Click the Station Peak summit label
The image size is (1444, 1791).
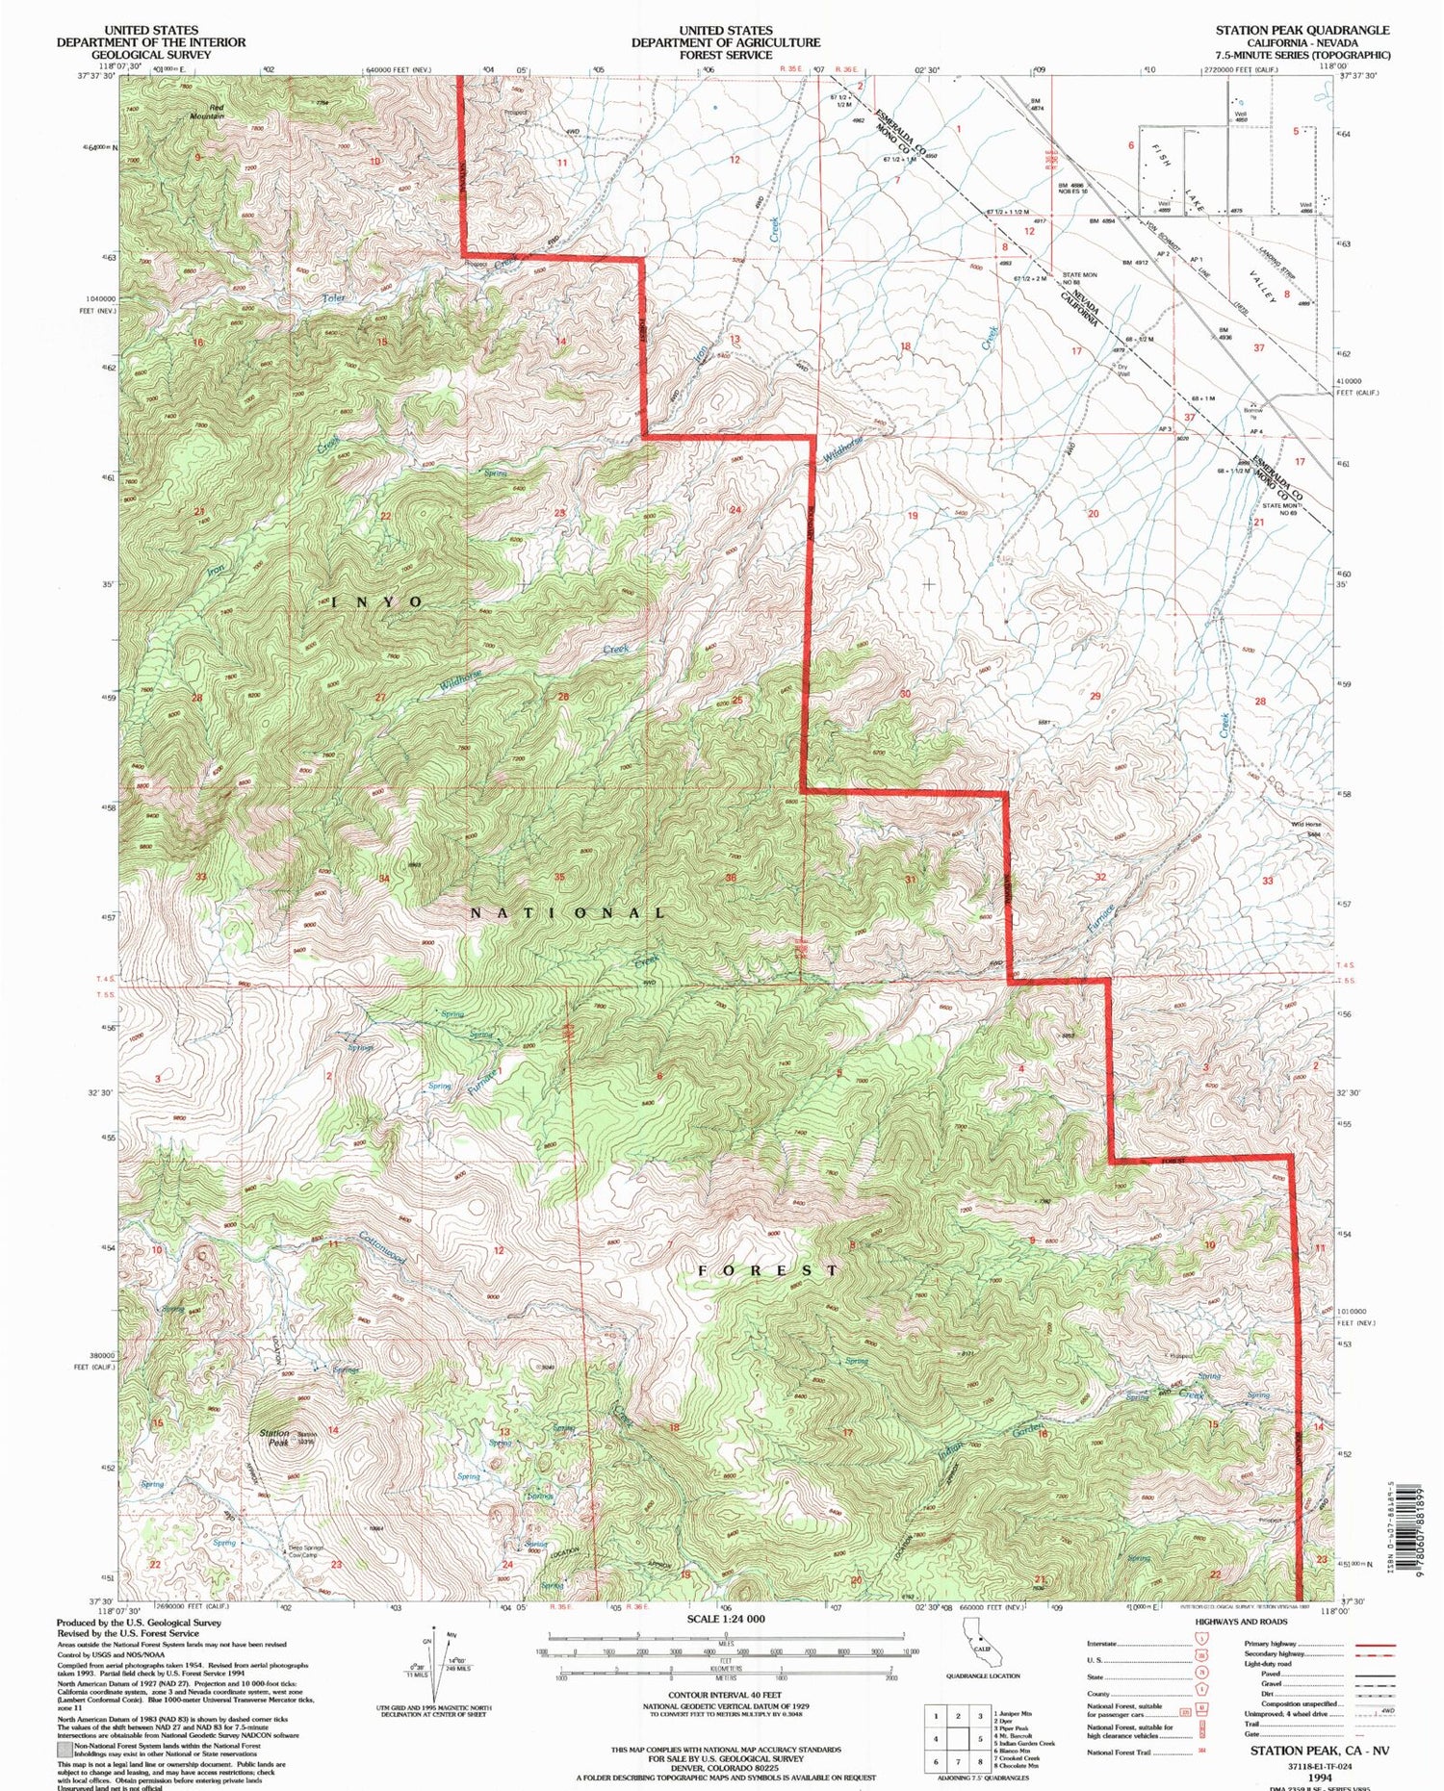pyautogui.click(x=274, y=1438)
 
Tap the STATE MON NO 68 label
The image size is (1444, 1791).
pyautogui.click(x=1079, y=278)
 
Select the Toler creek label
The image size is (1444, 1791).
pyautogui.click(x=333, y=298)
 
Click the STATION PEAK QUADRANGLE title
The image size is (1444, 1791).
pyautogui.click(x=1302, y=31)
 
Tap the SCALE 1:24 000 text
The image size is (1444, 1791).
pyautogui.click(x=726, y=1619)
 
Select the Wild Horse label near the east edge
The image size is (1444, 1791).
pyautogui.click(x=1305, y=825)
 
